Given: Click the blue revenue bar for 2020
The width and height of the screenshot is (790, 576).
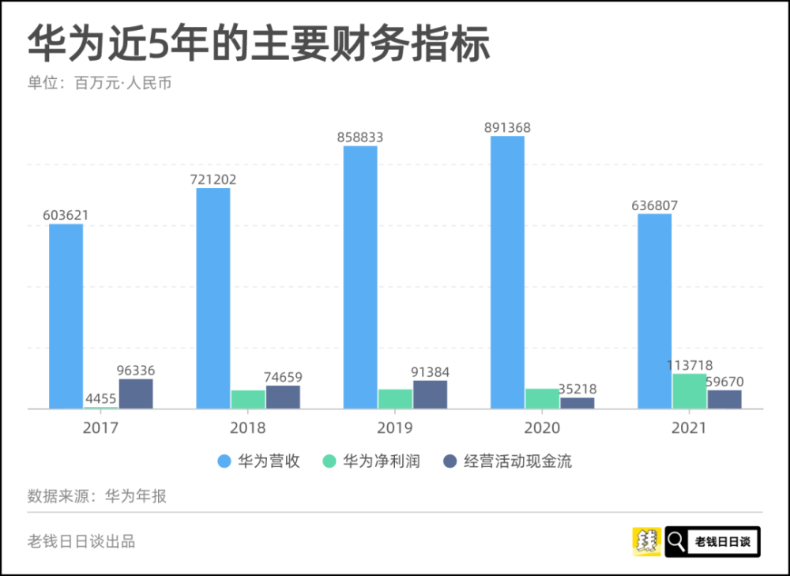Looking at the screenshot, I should pyautogui.click(x=507, y=273).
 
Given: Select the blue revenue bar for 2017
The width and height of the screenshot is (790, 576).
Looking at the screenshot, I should pyautogui.click(x=66, y=316).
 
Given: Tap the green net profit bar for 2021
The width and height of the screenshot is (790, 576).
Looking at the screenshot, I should pyautogui.click(x=690, y=391).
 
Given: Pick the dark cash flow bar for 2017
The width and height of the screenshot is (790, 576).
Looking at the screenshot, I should pyautogui.click(x=136, y=393).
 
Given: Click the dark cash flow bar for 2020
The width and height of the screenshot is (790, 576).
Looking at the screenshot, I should pyautogui.click(x=577, y=403).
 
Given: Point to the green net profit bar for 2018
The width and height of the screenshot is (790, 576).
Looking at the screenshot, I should pyautogui.click(x=248, y=399).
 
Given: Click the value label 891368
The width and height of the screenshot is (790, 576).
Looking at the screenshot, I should pyautogui.click(x=507, y=128).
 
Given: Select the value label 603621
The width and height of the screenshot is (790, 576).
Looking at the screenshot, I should pyautogui.click(x=66, y=215).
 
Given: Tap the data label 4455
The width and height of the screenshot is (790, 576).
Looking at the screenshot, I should pyautogui.click(x=101, y=398).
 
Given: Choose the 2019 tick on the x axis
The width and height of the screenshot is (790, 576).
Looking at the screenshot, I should pyautogui.click(x=395, y=428).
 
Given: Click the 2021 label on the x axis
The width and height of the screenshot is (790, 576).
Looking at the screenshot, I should pyautogui.click(x=690, y=428).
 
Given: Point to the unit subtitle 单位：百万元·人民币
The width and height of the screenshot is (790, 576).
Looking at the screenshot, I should pyautogui.click(x=99, y=83).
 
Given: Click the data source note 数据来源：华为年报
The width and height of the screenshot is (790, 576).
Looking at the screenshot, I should pyautogui.click(x=97, y=496).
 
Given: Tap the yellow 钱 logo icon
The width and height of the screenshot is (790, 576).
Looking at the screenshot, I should pyautogui.click(x=647, y=541).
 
